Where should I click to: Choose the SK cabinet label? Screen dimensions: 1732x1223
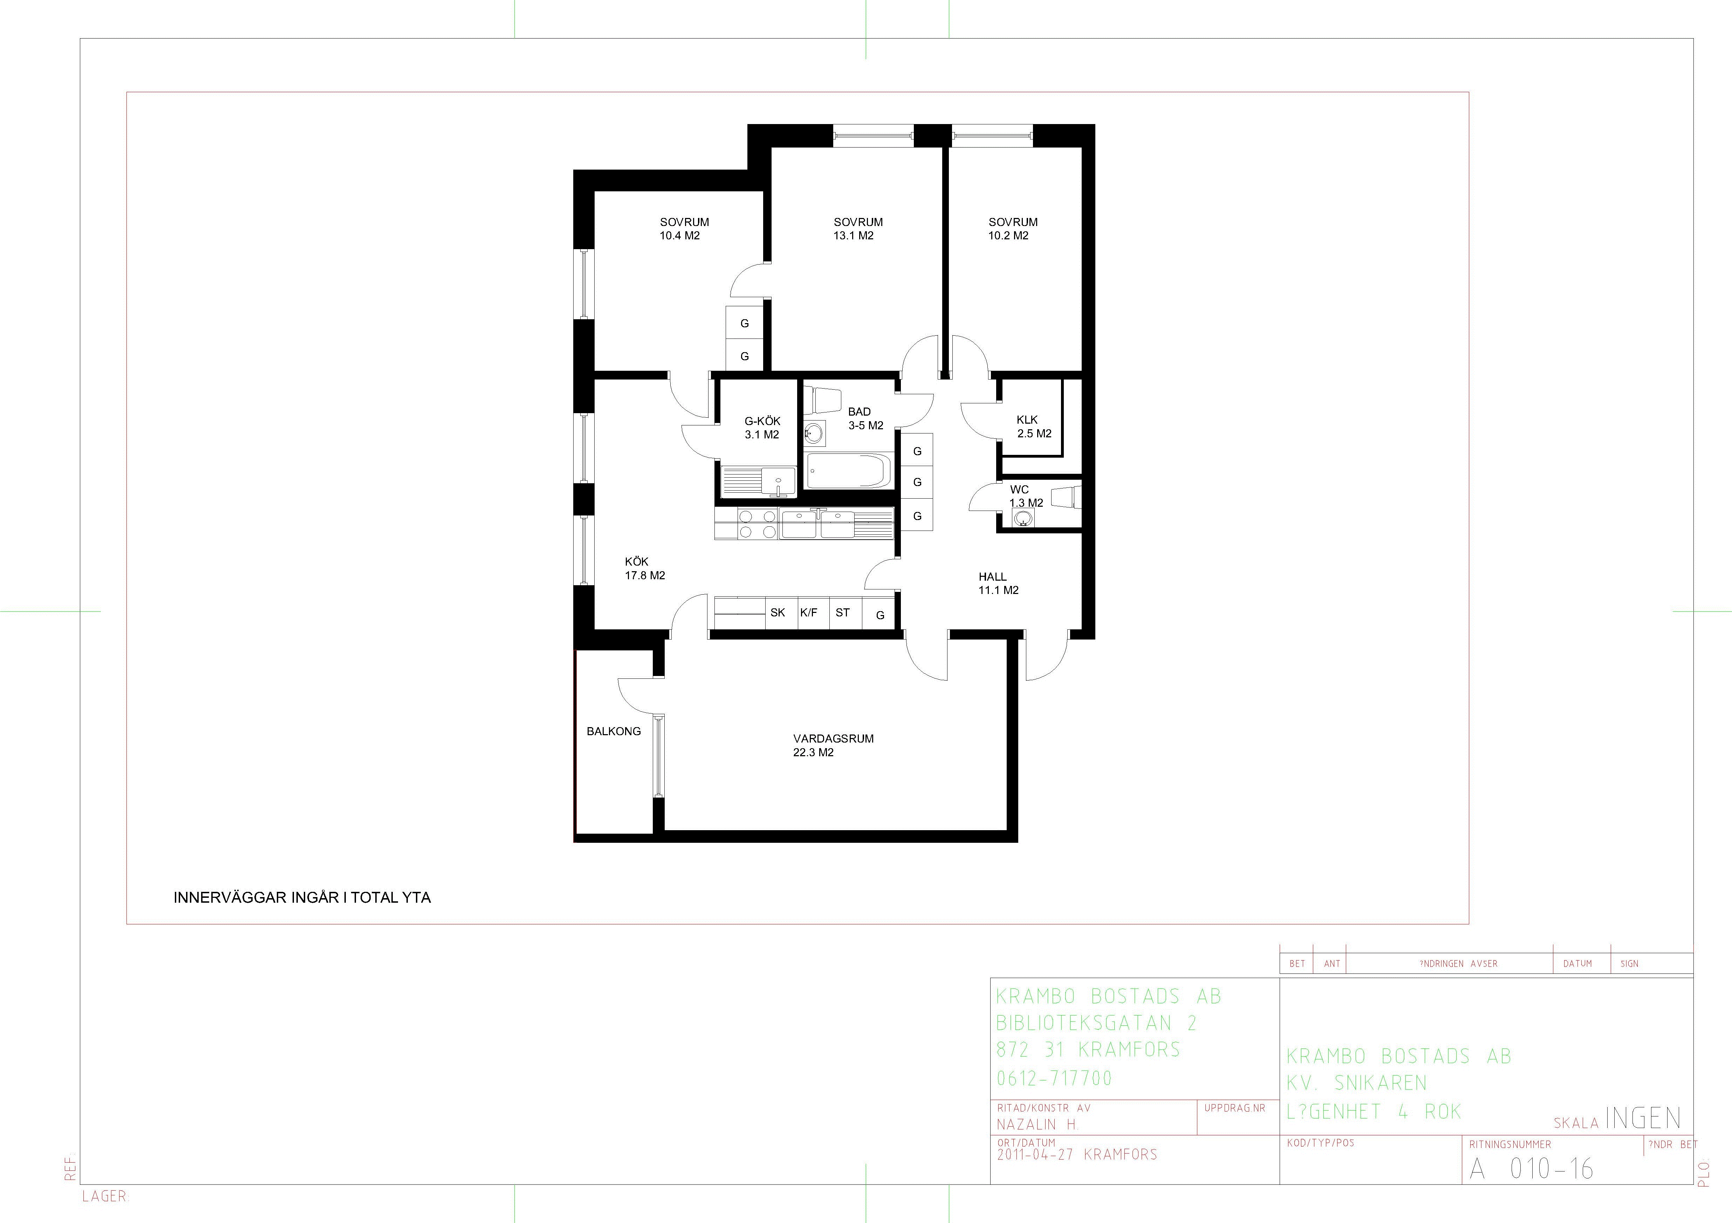point(778,613)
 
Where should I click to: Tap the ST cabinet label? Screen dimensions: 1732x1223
point(843,613)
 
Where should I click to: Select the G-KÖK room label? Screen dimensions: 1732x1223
point(763,421)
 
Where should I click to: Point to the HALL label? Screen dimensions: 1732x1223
point(993,576)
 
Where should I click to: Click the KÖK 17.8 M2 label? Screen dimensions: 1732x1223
point(645,568)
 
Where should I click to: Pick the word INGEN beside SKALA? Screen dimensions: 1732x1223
point(1643,1118)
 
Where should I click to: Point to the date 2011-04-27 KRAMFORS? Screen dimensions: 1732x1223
point(1077,1154)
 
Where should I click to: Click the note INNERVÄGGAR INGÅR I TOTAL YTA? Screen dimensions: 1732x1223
point(302,898)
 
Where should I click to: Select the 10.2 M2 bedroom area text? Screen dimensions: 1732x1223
point(1008,235)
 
